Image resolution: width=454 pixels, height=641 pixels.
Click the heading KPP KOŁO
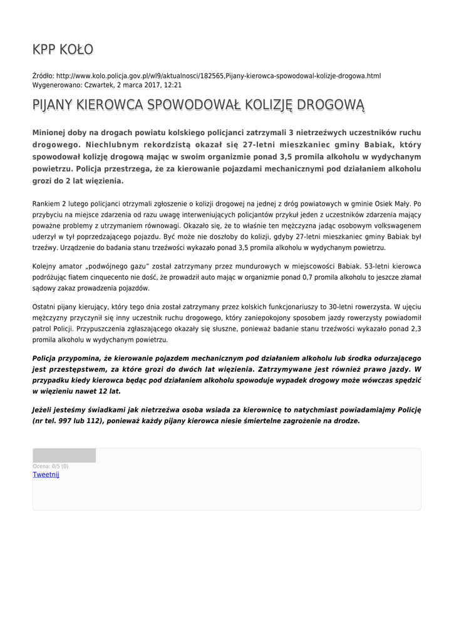(63, 49)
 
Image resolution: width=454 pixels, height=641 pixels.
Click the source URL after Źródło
(218, 76)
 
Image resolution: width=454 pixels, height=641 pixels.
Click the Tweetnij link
(46, 474)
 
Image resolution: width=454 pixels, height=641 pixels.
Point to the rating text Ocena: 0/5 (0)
(51, 466)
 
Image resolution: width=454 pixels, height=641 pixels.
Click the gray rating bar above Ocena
(64, 456)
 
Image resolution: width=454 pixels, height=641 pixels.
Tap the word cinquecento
(111, 277)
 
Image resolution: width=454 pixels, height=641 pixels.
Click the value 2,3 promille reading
(415, 328)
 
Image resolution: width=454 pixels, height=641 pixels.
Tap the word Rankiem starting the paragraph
(46, 203)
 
